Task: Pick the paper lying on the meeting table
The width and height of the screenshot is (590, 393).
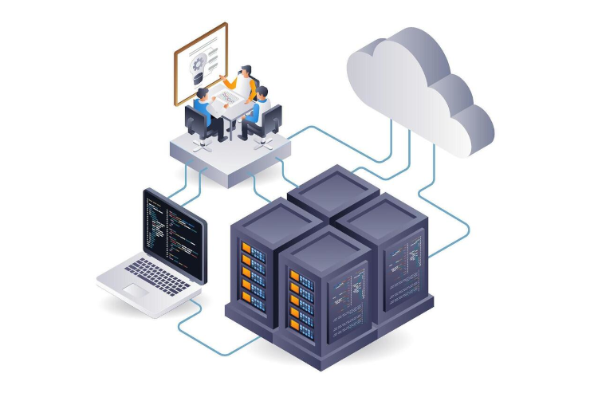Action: coord(230,98)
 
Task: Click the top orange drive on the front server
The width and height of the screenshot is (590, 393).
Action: coord(295,276)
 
